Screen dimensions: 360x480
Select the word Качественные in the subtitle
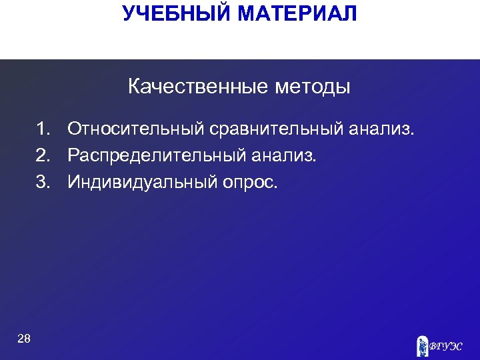192,87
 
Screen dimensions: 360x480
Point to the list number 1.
43,128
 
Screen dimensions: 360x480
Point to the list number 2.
43,155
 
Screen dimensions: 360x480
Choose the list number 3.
43,182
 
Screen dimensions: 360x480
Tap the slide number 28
24,339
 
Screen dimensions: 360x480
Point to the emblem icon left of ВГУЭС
422,345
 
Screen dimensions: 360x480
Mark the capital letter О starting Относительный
74,128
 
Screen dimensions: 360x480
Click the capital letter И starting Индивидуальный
73,182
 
